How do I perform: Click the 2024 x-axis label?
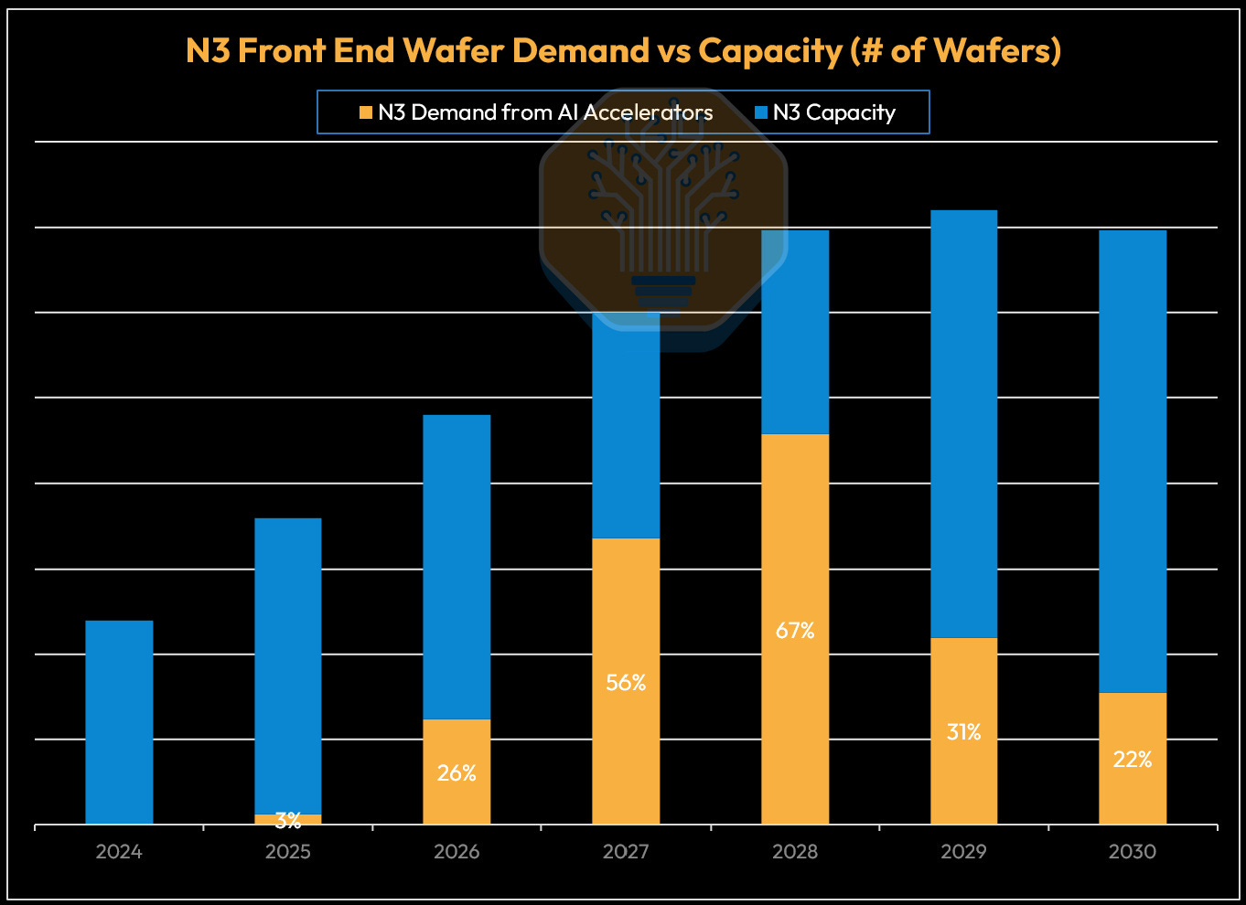[x=119, y=851]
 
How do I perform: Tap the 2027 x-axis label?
[x=626, y=851]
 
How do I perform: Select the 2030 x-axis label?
[x=1133, y=851]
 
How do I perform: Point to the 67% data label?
[x=795, y=631]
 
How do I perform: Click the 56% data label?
[x=626, y=683]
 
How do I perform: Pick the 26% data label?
[x=457, y=773]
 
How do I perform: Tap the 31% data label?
[x=964, y=732]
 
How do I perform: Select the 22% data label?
[x=1133, y=760]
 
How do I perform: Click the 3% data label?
[x=288, y=821]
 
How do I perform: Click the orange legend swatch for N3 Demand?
[x=365, y=112]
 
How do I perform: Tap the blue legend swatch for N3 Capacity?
[x=761, y=112]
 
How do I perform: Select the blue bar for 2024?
[x=119, y=722]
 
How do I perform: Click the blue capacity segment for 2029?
[x=964, y=423]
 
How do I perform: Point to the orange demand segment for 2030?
[x=1133, y=758]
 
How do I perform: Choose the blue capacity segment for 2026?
[x=457, y=567]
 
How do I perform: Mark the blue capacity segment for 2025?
[x=288, y=666]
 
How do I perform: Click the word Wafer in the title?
[x=454, y=50]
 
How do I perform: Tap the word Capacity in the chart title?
[x=770, y=51]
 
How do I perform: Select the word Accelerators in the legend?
[x=648, y=112]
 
